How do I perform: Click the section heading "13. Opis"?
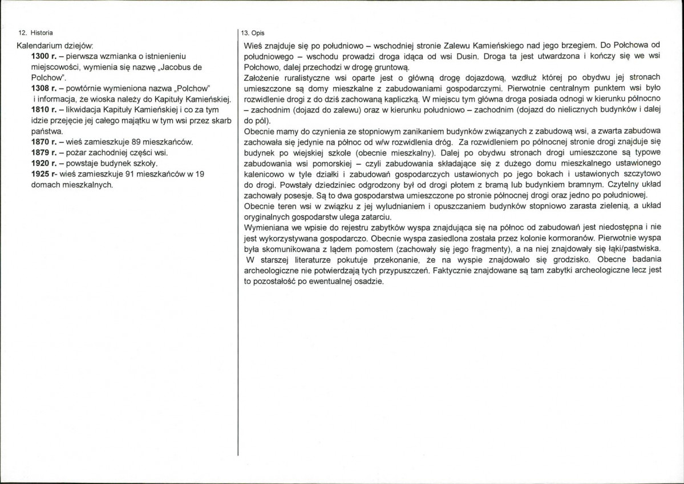click(253, 33)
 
